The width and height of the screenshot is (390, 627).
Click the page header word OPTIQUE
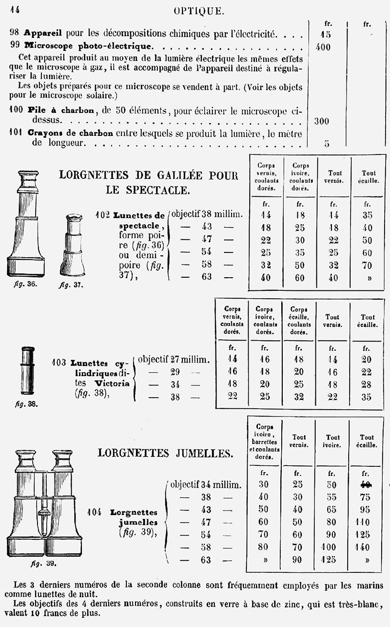point(199,11)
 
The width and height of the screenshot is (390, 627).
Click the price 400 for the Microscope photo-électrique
point(322,47)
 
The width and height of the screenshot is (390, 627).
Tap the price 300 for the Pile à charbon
point(321,121)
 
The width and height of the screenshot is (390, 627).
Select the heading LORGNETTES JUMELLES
point(165,453)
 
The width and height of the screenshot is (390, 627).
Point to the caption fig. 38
point(27,403)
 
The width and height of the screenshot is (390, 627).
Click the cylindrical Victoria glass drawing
point(28,370)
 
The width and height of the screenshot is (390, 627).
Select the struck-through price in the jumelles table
point(365,484)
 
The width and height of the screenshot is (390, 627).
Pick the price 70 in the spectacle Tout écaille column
point(367,266)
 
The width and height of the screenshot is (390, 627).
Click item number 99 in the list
point(15,47)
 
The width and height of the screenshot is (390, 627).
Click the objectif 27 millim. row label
point(174,360)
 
